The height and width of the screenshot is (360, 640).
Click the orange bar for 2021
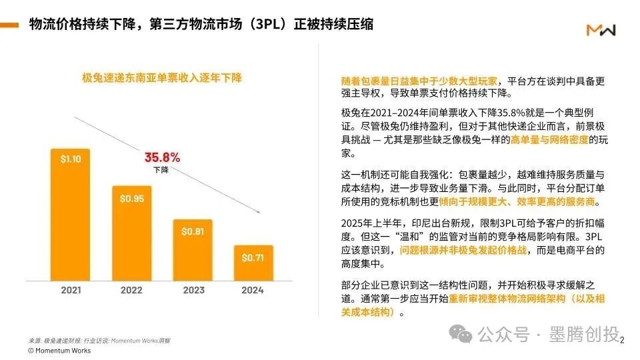(x=71, y=213)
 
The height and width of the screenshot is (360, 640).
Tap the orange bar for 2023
(x=192, y=249)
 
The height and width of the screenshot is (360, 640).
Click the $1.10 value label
(x=71, y=160)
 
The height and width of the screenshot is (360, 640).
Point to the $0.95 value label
(x=131, y=198)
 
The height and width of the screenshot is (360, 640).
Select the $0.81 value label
(x=192, y=231)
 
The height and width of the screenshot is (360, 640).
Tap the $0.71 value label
(x=253, y=257)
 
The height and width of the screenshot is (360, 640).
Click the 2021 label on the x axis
(x=71, y=291)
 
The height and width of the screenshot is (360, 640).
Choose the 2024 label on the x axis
(x=253, y=291)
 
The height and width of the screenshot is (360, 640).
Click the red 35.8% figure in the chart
(x=162, y=158)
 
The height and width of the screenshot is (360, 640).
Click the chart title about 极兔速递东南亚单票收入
(x=161, y=78)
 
